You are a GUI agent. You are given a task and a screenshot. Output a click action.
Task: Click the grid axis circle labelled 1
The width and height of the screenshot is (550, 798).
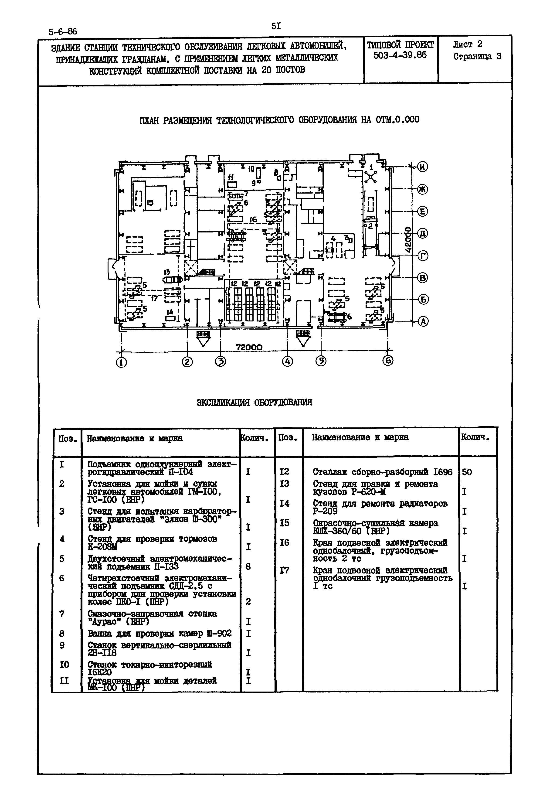[x=121, y=363]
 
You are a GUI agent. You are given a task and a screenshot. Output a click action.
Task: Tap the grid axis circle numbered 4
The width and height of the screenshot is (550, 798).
[x=287, y=361]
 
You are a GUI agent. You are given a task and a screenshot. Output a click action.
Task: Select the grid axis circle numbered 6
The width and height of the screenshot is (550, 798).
[x=388, y=361]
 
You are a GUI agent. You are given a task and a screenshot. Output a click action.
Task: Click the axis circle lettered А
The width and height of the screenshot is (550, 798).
[x=423, y=322]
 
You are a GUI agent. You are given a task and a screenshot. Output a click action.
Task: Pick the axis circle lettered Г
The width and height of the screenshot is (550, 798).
[x=423, y=256]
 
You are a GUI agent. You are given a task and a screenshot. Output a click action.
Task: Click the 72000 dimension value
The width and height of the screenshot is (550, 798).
[x=249, y=347]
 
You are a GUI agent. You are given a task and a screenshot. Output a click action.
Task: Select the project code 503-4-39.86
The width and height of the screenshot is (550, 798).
[x=400, y=55]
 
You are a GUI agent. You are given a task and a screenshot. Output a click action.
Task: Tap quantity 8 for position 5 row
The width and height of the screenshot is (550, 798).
[x=248, y=566]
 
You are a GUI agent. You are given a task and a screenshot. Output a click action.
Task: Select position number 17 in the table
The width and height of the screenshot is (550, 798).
[x=284, y=570]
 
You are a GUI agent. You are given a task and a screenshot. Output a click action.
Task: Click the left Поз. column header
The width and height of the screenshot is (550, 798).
[x=67, y=439]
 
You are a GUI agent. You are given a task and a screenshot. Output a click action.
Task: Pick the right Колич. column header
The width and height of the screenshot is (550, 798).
[x=475, y=437]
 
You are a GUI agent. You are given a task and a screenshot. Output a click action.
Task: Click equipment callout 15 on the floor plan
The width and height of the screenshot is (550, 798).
[x=150, y=203]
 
